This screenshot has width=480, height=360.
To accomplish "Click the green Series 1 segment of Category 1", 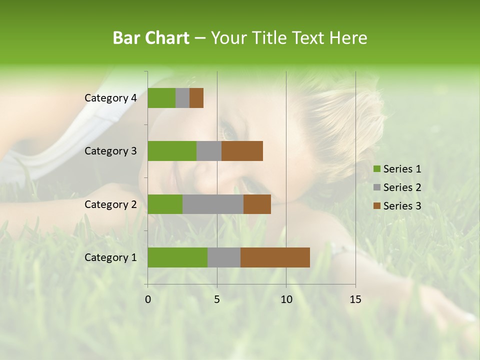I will (x=177, y=257).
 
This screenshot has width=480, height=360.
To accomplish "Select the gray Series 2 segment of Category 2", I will (x=213, y=204).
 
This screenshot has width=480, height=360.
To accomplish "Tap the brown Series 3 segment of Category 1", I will (x=275, y=257).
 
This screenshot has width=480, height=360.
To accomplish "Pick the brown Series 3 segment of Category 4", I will (x=196, y=98).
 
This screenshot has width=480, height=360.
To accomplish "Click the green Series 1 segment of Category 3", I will (x=172, y=151).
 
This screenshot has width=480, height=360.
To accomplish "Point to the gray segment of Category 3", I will (x=209, y=151).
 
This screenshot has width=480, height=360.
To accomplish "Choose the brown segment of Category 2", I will (x=257, y=204).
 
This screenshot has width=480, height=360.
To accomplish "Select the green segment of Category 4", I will (x=161, y=98).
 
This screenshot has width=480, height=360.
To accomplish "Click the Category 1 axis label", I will (x=110, y=257).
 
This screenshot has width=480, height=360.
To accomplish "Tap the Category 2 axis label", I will (x=110, y=204).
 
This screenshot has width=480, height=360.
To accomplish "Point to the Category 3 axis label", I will (x=110, y=151).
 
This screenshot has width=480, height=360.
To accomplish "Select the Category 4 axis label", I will (x=110, y=98).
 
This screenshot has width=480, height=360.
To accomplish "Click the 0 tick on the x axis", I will (x=148, y=299).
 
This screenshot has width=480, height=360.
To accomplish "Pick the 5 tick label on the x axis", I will (x=217, y=299).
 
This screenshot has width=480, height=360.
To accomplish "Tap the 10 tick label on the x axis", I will (x=286, y=299).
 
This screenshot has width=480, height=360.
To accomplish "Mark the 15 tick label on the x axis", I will (x=355, y=299).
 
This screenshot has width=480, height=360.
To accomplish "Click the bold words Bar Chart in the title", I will (x=151, y=38).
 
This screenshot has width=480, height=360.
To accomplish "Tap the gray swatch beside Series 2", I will (x=376, y=187).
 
